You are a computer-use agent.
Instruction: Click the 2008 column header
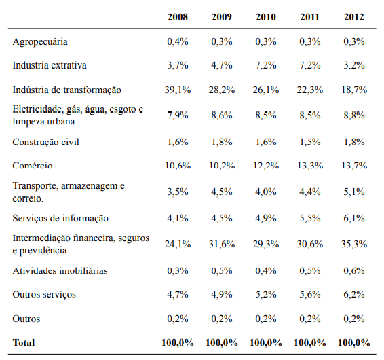pyautogui.click(x=178, y=16)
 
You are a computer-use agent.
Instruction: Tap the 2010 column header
pyautogui.click(x=267, y=16)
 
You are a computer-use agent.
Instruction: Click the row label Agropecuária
pyautogui.click(x=41, y=42)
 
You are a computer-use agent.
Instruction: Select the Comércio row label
pyautogui.click(x=33, y=165)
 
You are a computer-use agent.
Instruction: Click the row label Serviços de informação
pyautogui.click(x=60, y=218)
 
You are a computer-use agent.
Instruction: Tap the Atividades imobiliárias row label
pyautogui.click(x=60, y=271)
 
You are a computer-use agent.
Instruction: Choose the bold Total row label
pyautogui.click(x=24, y=342)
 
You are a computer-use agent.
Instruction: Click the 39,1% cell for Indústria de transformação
pyautogui.click(x=178, y=90)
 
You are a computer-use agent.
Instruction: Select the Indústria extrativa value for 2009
pyautogui.click(x=223, y=65)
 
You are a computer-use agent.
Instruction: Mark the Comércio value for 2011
pyautogui.click(x=310, y=165)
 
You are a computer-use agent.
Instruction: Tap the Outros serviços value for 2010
pyautogui.click(x=267, y=295)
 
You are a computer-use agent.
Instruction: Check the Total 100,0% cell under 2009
pyautogui.click(x=223, y=342)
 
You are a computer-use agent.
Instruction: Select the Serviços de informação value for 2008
pyautogui.click(x=178, y=218)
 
